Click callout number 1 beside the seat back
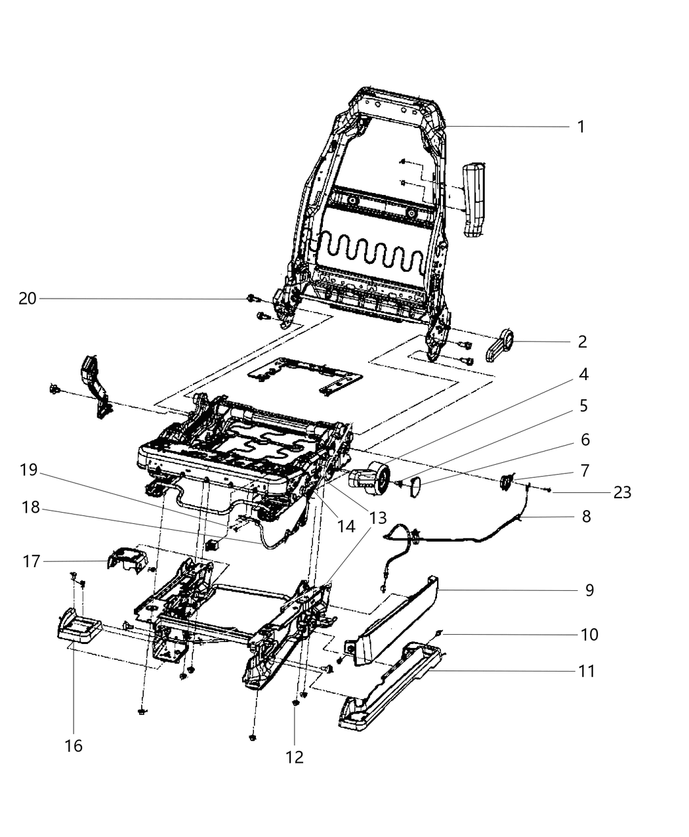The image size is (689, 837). pyautogui.click(x=580, y=127)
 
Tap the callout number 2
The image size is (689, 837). pyautogui.click(x=581, y=341)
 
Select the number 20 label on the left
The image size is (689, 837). pyautogui.click(x=27, y=299)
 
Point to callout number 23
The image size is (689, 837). pyautogui.click(x=621, y=492)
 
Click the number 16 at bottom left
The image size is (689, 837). pyautogui.click(x=73, y=746)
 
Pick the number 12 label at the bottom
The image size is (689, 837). pyautogui.click(x=295, y=757)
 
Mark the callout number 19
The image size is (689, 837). pyautogui.click(x=29, y=470)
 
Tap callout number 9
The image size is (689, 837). pyautogui.click(x=589, y=590)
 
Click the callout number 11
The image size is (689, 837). pyautogui.click(x=585, y=671)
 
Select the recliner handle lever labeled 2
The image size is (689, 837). pyautogui.click(x=501, y=345)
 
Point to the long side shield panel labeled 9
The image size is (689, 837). pyautogui.click(x=394, y=620)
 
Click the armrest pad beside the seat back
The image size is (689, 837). pyautogui.click(x=474, y=201)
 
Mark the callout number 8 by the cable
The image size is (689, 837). pyautogui.click(x=585, y=517)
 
